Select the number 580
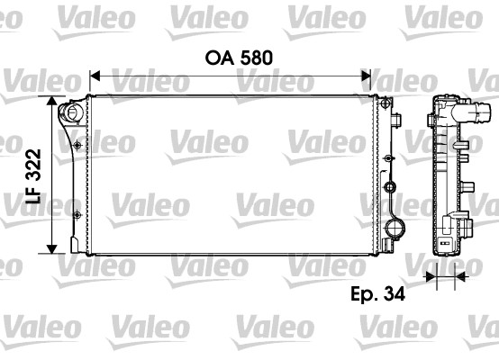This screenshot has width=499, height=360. pyautogui.click(x=256, y=58)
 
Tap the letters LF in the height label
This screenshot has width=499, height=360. pyautogui.click(x=33, y=193)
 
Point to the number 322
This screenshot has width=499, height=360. pyautogui.click(x=33, y=165)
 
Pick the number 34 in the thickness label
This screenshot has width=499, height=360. pyautogui.click(x=395, y=294)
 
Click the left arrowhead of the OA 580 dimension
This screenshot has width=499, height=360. pyautogui.click(x=95, y=76)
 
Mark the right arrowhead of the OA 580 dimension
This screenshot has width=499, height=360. pyautogui.click(x=366, y=76)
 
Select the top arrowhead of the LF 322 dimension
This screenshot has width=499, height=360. pyautogui.click(x=51, y=101)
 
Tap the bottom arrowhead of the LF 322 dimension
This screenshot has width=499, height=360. pyautogui.click(x=51, y=249)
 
